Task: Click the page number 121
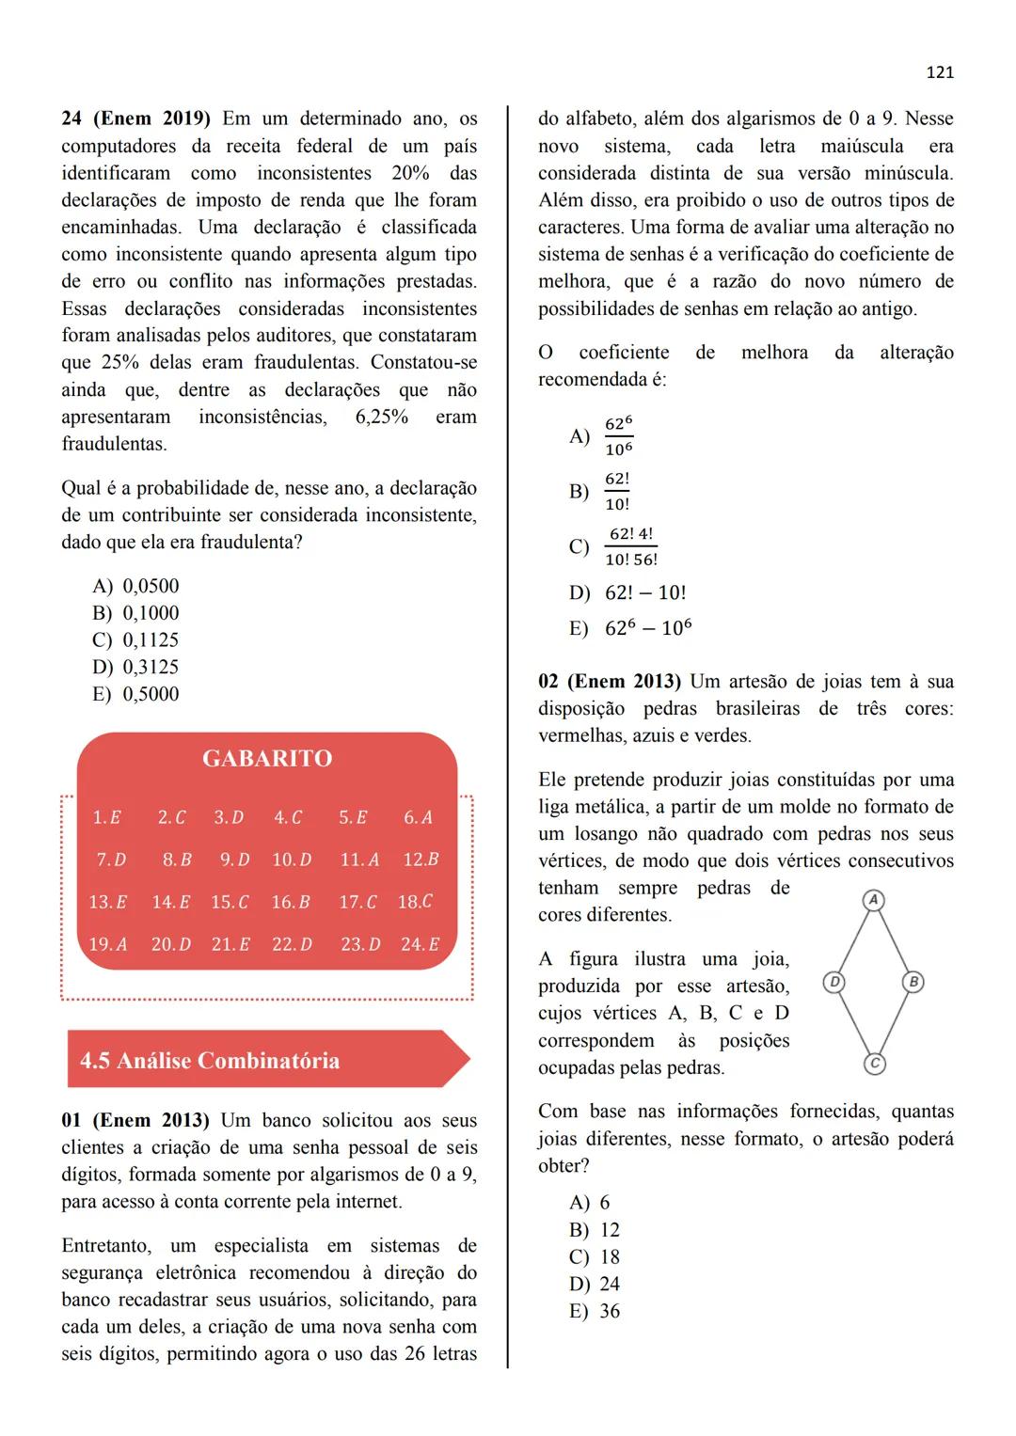(x=940, y=72)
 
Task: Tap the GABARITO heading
(x=267, y=759)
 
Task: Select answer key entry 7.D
(x=111, y=860)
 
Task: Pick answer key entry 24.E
(x=420, y=943)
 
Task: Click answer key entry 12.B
(x=421, y=860)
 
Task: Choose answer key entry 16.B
(x=291, y=902)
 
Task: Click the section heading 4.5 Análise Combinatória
(x=210, y=1061)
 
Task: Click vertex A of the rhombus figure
(x=873, y=900)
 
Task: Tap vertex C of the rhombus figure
(x=874, y=1064)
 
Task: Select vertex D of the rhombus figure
(x=833, y=982)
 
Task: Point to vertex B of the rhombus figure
(x=913, y=982)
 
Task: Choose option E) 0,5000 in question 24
(x=136, y=694)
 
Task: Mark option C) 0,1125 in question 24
(x=136, y=640)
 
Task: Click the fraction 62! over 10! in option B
(x=617, y=492)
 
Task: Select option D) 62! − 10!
(x=628, y=593)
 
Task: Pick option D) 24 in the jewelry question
(x=595, y=1285)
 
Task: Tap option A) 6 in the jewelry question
(x=590, y=1203)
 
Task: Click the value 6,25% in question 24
(x=381, y=418)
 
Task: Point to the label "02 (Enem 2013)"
(x=611, y=682)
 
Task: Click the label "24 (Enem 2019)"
(x=135, y=119)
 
